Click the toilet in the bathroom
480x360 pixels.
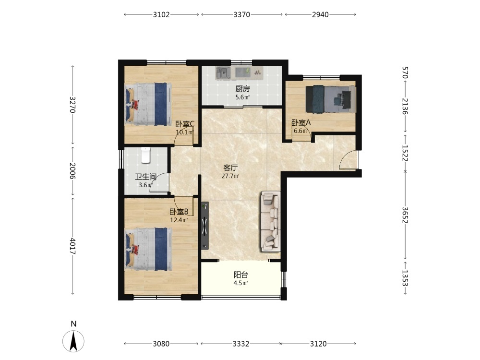146,155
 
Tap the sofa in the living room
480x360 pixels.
270,221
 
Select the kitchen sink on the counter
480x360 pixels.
224,73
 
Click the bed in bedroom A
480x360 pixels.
331,98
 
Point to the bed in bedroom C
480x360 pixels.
148,104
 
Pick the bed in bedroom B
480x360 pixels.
148,249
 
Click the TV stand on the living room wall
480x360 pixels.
205,225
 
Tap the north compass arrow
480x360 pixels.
73,341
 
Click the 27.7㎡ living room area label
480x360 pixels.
230,176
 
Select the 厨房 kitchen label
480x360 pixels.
242,89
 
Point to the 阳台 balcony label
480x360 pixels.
241,275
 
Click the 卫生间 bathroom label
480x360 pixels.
146,177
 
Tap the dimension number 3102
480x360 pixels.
161,15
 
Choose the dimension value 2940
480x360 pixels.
320,15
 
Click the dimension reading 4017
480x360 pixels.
72,246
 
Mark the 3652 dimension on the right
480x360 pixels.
405,216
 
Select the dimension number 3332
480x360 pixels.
241,344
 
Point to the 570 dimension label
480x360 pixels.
405,72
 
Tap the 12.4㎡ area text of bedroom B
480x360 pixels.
179,220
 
